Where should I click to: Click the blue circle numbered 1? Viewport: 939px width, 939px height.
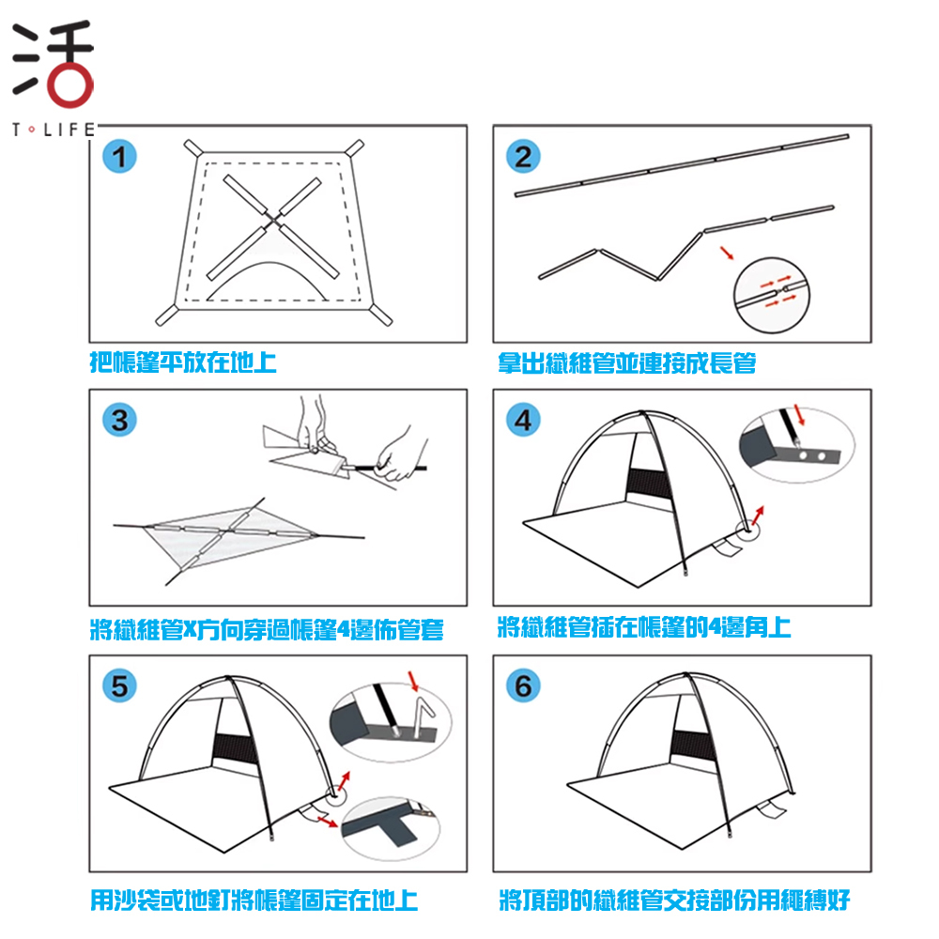[119, 156]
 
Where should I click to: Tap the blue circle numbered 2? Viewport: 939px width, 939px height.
[523, 156]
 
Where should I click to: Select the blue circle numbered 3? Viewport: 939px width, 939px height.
[119, 420]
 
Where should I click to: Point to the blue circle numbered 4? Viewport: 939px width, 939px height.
[523, 420]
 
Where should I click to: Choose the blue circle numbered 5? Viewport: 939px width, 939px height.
[119, 685]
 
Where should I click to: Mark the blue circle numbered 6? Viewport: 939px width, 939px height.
[523, 685]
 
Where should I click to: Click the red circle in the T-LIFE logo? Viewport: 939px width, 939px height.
[70, 85]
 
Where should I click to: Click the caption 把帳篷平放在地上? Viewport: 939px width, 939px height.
[183, 362]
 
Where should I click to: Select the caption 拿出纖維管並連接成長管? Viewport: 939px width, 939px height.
[627, 362]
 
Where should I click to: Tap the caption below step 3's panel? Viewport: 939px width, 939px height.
[267, 629]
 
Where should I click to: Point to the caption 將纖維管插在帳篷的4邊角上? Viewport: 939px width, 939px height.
[644, 627]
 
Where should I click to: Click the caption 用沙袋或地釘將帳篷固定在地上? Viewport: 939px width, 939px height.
[254, 901]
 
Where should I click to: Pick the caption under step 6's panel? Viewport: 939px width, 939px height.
[675, 901]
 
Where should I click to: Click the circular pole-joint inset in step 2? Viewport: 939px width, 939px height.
[771, 295]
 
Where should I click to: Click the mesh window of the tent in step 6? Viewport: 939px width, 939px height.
[693, 746]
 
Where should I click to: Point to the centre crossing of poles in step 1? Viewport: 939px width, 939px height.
[274, 222]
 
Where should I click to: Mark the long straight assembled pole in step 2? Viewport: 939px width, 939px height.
[682, 165]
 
